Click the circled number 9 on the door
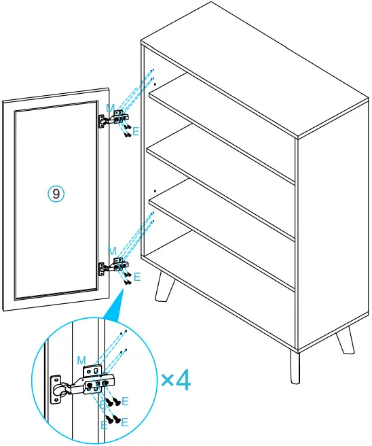click(56, 194)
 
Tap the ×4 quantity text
click(175, 379)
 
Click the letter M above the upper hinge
click(111, 107)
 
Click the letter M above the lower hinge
click(112, 252)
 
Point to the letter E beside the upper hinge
click(136, 131)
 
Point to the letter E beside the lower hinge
click(136, 277)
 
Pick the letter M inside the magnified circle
click(81, 359)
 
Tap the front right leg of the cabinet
click(295, 367)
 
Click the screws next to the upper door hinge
click(126, 128)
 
